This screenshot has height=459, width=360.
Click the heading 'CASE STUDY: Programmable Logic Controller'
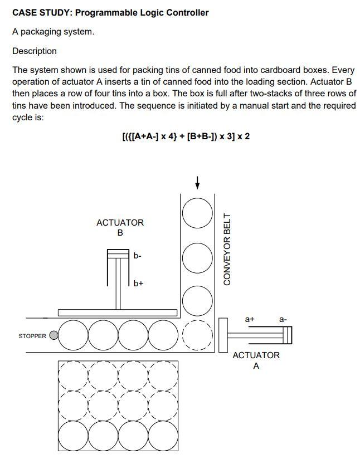tap(110, 12)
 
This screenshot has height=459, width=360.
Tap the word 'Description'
tap(35, 51)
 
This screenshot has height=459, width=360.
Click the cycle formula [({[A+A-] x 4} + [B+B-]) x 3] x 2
tap(186, 136)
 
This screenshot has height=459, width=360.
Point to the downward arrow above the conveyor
tap(197, 182)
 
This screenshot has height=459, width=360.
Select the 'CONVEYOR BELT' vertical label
tap(227, 249)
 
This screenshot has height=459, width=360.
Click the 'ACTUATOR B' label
tap(120, 227)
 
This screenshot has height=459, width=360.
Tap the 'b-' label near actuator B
tap(138, 256)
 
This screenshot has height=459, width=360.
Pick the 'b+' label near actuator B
tap(138, 283)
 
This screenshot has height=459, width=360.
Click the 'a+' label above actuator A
tap(250, 319)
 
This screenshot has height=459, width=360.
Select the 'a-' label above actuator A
tap(283, 319)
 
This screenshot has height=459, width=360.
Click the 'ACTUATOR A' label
tap(256, 360)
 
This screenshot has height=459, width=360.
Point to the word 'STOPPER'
tap(32, 336)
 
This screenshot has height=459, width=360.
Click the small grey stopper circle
tap(53, 335)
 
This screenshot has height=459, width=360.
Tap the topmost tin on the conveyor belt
tap(197, 214)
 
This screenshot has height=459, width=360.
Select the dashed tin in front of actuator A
tap(197, 335)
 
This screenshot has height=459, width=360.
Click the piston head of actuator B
tap(118, 254)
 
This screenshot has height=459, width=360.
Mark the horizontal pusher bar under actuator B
tap(118, 312)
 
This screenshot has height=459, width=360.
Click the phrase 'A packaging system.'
tap(53, 32)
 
